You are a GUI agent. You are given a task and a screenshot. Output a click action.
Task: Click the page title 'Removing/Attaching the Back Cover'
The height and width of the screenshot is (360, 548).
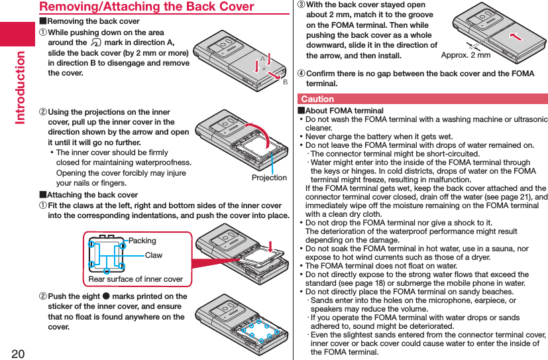[x=146, y=7]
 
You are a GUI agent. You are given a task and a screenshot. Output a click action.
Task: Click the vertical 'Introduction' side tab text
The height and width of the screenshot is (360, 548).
[x=20, y=87]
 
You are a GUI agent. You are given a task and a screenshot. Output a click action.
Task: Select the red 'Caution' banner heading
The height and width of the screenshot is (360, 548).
[x=317, y=99]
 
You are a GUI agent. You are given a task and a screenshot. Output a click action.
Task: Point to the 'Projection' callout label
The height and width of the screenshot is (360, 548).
[x=269, y=178]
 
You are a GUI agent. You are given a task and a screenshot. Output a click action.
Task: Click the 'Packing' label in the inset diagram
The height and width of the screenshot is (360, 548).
[x=142, y=241]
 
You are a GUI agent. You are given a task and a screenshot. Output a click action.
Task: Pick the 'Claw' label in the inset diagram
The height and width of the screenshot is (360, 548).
[x=153, y=255]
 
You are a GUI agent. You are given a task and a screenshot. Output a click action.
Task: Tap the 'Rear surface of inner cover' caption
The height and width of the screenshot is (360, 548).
[x=136, y=279]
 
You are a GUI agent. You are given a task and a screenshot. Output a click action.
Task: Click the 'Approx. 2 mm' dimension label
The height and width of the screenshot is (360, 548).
[x=466, y=55]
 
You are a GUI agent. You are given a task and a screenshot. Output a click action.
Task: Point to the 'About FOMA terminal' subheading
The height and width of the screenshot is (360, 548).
[x=344, y=111]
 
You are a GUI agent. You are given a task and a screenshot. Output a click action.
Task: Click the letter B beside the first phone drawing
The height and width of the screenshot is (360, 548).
[x=286, y=82]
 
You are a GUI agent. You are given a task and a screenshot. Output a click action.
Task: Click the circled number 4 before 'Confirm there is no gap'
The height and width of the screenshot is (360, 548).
[x=301, y=74]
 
